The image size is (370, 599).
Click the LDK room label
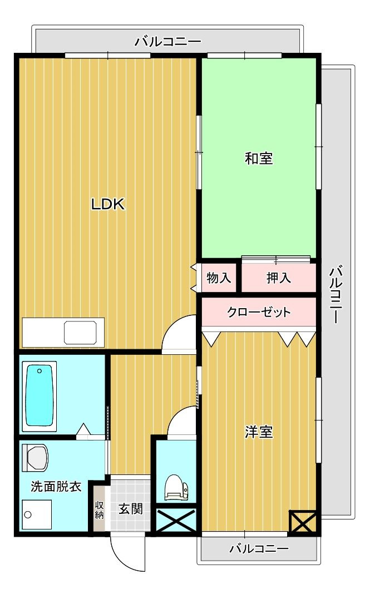[x=108, y=204]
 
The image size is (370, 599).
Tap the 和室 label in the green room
[x=259, y=159]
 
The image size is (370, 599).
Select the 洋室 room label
[x=259, y=432]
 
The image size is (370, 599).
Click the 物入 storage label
[x=219, y=278]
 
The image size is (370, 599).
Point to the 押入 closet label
[x=279, y=278]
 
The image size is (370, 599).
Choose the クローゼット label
[x=259, y=312]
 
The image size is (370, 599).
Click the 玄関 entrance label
[x=130, y=508]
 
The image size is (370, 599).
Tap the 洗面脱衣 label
[x=56, y=487]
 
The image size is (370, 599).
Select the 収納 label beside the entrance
[x=99, y=509]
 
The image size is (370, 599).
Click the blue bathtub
[x=39, y=395]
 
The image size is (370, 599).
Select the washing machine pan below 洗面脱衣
[x=37, y=514]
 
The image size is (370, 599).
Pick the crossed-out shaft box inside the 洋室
[x=303, y=522]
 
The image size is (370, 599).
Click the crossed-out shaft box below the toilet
[x=176, y=521]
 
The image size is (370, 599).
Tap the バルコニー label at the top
[x=167, y=42]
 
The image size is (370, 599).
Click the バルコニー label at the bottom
[x=259, y=549]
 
